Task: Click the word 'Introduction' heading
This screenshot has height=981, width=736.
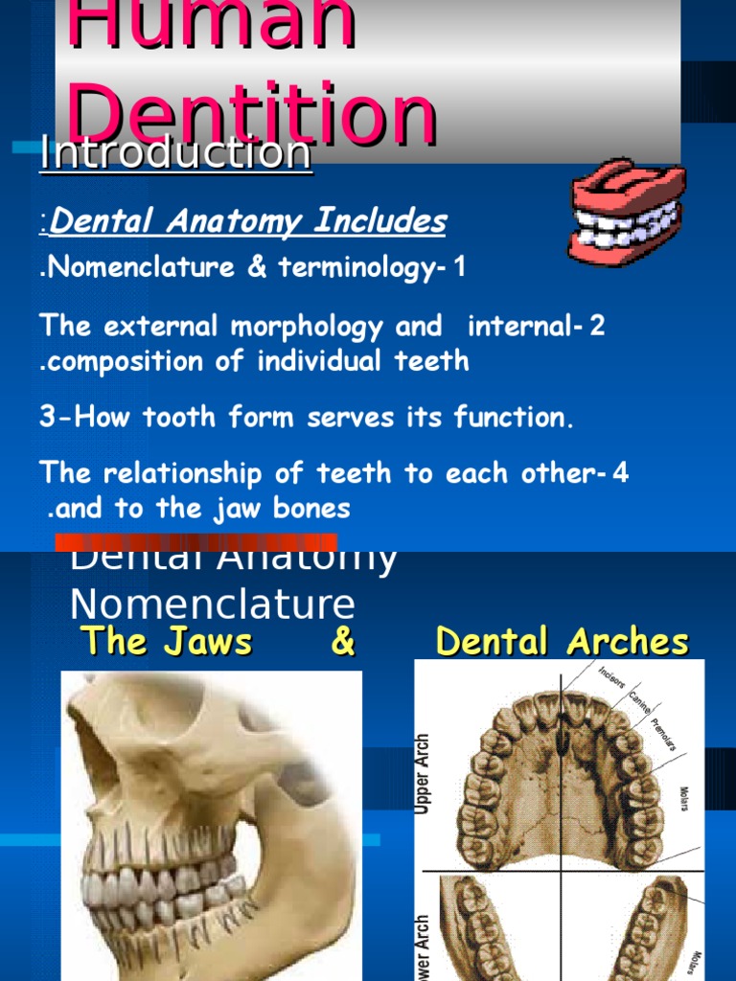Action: click(x=176, y=153)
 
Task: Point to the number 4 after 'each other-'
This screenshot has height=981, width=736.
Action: click(x=621, y=474)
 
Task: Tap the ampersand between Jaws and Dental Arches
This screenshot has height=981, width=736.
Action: click(x=342, y=642)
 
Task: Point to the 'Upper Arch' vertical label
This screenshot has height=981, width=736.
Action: click(x=423, y=774)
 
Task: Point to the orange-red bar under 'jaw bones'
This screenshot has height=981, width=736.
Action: click(x=196, y=541)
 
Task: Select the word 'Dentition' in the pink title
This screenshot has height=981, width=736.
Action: click(x=254, y=113)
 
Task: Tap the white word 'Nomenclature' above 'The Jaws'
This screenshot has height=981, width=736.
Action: click(x=213, y=605)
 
